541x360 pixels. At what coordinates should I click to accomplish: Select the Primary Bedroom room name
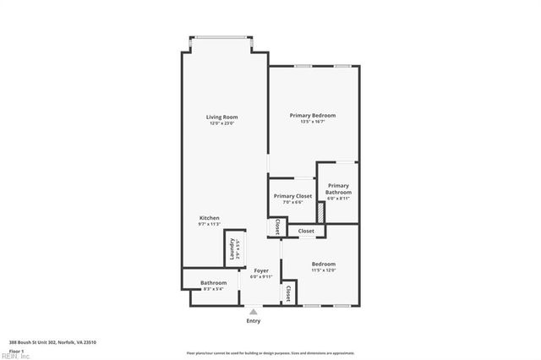(313, 115)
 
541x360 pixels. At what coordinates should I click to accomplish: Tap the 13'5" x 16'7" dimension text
(313, 122)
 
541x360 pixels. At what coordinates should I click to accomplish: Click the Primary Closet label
(292, 196)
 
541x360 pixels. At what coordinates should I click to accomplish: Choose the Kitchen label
(209, 218)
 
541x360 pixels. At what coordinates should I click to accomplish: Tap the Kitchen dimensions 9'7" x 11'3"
(209, 224)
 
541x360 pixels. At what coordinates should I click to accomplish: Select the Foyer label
(261, 270)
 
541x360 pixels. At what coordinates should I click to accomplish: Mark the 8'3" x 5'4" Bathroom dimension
(213, 289)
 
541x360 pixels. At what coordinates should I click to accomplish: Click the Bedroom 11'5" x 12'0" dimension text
(323, 270)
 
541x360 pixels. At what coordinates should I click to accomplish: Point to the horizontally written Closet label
(306, 231)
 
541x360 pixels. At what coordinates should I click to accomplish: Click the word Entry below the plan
(254, 321)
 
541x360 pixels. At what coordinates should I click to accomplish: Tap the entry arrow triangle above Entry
(253, 311)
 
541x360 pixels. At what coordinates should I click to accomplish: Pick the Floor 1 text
(17, 350)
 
